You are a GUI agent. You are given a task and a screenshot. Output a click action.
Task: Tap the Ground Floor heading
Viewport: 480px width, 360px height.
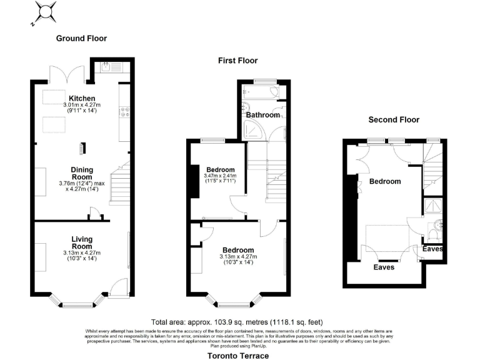point(81,38)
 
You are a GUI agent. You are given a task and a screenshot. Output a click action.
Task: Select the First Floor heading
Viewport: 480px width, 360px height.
point(237,61)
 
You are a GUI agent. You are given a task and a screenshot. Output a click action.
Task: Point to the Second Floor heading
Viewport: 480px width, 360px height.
point(394,119)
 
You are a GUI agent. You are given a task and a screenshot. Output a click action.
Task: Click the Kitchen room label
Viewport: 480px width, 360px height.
point(82,98)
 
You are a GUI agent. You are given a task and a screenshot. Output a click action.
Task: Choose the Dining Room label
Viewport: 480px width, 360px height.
point(82,173)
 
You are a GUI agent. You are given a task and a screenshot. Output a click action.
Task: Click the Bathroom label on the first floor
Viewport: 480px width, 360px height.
point(262,115)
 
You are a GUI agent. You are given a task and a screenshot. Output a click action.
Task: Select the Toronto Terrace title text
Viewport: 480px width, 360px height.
point(238,356)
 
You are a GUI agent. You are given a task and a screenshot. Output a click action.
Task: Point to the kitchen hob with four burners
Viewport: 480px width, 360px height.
point(124,112)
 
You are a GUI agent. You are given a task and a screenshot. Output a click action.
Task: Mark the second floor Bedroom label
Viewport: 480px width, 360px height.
point(385,181)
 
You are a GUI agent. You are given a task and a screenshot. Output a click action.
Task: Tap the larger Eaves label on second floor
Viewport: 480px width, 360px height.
point(384,267)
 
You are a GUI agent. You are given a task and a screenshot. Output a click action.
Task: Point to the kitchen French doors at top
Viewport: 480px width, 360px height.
point(67,74)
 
